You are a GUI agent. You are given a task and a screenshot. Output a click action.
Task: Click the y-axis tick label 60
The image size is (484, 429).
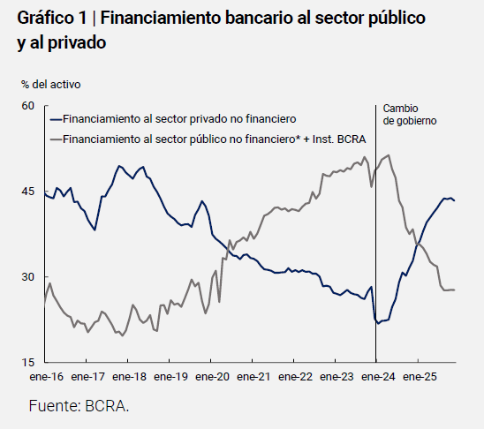click(x=27, y=106)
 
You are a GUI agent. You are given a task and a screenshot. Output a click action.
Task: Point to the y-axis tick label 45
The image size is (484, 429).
click(x=27, y=192)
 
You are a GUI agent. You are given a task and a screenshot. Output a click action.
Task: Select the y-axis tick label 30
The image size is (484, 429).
click(x=27, y=276)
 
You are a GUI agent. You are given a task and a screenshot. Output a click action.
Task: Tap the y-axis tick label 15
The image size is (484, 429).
click(x=27, y=362)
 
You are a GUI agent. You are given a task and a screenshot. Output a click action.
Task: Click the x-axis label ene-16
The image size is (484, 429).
click(x=46, y=376)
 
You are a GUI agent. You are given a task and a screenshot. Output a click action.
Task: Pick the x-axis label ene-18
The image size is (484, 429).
click(x=129, y=376)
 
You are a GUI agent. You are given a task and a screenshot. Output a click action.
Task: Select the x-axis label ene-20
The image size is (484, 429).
click(x=212, y=376)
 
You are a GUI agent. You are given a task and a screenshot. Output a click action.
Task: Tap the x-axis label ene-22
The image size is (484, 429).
click(x=295, y=376)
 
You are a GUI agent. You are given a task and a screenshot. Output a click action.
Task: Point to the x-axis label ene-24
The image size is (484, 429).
click(x=377, y=376)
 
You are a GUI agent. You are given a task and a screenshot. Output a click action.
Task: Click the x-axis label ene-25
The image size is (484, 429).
click(x=419, y=376)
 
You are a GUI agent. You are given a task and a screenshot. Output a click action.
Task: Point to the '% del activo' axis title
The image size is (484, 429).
click(x=51, y=85)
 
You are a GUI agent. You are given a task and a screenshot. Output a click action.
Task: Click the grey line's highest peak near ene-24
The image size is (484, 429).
click(x=389, y=155)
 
